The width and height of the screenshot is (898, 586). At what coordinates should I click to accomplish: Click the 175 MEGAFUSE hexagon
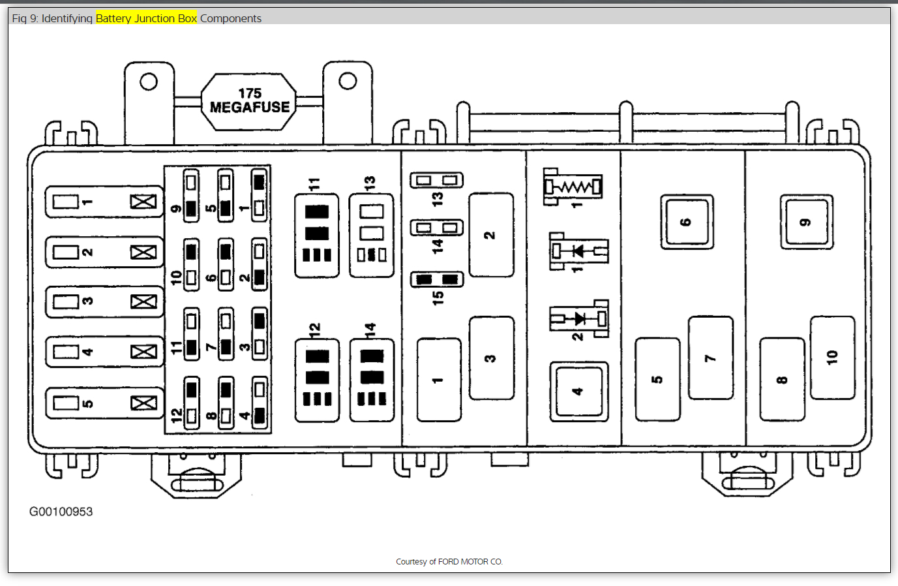pyautogui.click(x=248, y=101)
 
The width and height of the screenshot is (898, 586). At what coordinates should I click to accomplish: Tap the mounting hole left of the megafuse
pyautogui.click(x=149, y=82)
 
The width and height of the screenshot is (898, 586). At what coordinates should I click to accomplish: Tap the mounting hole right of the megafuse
pyautogui.click(x=348, y=81)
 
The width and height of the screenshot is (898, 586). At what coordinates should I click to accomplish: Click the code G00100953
pyautogui.click(x=61, y=512)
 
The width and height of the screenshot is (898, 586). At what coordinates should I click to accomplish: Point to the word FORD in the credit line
pyautogui.click(x=449, y=562)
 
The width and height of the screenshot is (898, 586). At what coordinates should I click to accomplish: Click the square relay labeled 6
pyautogui.click(x=687, y=222)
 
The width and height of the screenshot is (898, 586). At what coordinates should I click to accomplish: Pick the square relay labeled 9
pyautogui.click(x=807, y=222)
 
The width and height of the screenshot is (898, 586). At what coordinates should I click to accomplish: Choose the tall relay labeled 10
pyautogui.click(x=832, y=358)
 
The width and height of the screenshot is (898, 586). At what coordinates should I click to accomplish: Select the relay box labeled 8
pyautogui.click(x=782, y=379)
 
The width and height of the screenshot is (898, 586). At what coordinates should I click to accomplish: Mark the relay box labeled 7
pyautogui.click(x=710, y=358)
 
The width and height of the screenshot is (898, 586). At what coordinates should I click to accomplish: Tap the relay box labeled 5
pyautogui.click(x=657, y=379)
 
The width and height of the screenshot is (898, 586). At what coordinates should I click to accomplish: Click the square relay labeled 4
pyautogui.click(x=578, y=392)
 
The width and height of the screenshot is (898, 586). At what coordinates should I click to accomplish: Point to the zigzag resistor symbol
pyautogui.click(x=573, y=187)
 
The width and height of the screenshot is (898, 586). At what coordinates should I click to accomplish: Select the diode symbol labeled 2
pyautogui.click(x=579, y=318)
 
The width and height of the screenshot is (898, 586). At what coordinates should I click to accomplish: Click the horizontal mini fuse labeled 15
pyautogui.click(x=436, y=280)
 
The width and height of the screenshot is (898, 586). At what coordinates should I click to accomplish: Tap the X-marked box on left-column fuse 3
pyautogui.click(x=143, y=301)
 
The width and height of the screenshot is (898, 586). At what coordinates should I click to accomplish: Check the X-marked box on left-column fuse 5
pyautogui.click(x=143, y=403)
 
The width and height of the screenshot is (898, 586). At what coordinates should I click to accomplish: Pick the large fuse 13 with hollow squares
pyautogui.click(x=371, y=235)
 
